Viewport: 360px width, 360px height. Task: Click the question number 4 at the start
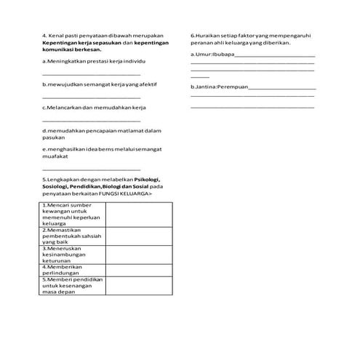pos(45,35)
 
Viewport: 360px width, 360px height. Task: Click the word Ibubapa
pos(224,54)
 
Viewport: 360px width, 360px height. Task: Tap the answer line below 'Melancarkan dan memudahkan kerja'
pos(92,121)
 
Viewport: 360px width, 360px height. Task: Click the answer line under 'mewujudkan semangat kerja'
pos(92,97)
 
